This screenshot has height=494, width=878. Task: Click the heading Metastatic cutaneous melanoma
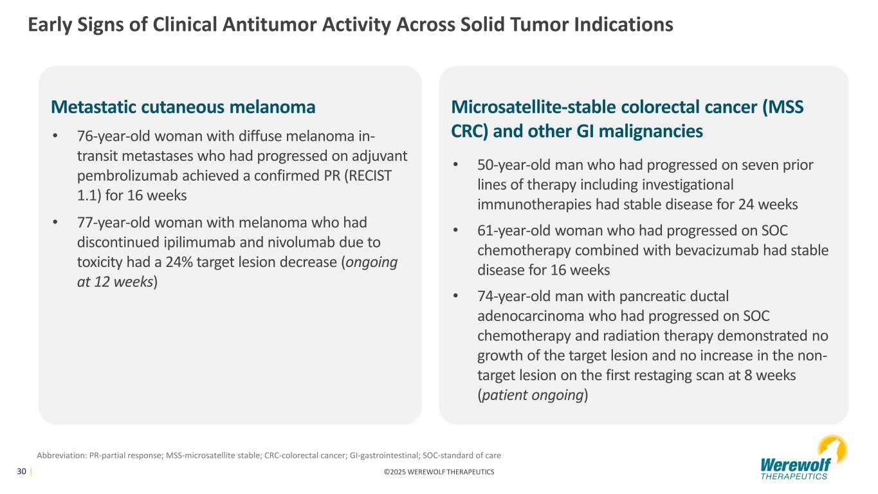click(x=183, y=107)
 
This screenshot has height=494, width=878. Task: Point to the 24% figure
click(x=179, y=262)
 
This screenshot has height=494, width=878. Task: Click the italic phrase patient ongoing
click(x=533, y=395)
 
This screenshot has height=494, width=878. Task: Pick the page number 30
click(x=22, y=471)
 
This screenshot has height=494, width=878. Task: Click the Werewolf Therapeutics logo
click(x=803, y=457)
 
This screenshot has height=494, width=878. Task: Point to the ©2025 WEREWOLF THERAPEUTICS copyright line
click(x=439, y=472)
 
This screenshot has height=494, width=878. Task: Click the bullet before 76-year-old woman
click(x=55, y=136)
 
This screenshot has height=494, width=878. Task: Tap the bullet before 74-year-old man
click(x=455, y=297)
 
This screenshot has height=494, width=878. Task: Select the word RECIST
click(x=368, y=176)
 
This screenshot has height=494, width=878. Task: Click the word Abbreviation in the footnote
click(x=61, y=455)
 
